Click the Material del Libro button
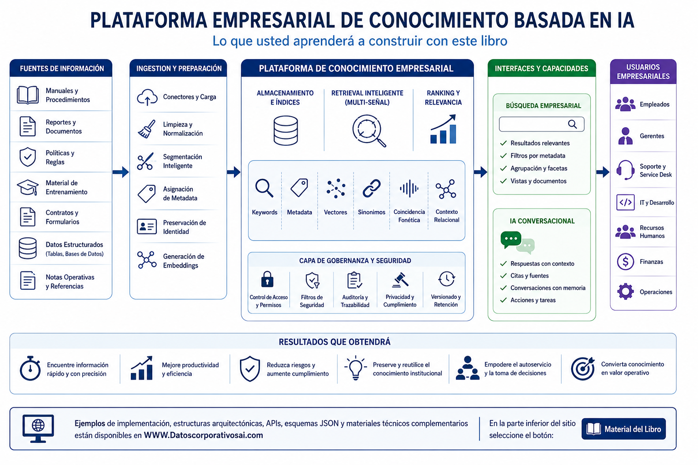point(623,429)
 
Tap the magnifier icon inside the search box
point(572,124)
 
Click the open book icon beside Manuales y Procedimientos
point(28,95)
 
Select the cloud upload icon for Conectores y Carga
point(147,97)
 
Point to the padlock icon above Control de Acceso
point(267,279)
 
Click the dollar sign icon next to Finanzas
point(625,262)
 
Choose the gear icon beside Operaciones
point(625,292)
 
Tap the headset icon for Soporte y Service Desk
point(625,170)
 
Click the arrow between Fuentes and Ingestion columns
point(120,172)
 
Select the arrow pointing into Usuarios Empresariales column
point(603,172)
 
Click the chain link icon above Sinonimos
point(371,188)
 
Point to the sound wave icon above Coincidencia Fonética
point(409,188)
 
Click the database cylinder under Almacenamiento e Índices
point(285,130)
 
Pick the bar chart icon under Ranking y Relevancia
point(443,129)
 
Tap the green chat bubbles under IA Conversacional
point(517,242)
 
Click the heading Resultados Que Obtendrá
point(334,342)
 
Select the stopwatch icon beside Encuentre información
point(30,368)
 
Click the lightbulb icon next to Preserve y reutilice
point(355,368)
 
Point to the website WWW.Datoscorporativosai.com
point(203,435)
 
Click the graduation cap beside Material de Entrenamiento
point(28,187)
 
